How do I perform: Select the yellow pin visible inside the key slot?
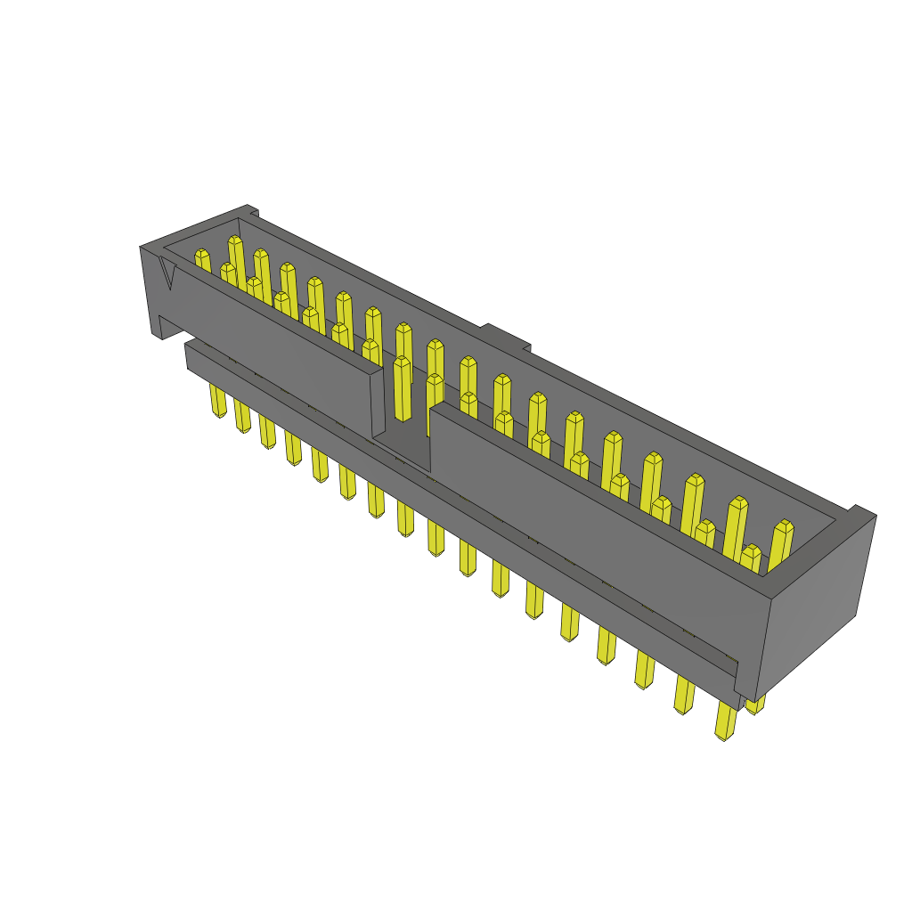[402, 387]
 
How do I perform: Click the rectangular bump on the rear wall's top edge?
[506, 338]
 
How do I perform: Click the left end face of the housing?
[149, 289]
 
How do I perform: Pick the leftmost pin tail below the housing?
[217, 401]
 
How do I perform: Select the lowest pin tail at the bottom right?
[726, 721]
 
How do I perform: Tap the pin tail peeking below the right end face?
[755, 705]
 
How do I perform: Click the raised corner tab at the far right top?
[862, 513]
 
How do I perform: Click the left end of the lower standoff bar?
[190, 355]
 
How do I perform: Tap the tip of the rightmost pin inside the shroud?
[783, 527]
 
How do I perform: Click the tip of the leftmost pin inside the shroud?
[202, 256]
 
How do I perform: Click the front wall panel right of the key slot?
[579, 517]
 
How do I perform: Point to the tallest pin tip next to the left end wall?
[235, 241]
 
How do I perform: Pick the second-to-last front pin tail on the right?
[684, 695]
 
